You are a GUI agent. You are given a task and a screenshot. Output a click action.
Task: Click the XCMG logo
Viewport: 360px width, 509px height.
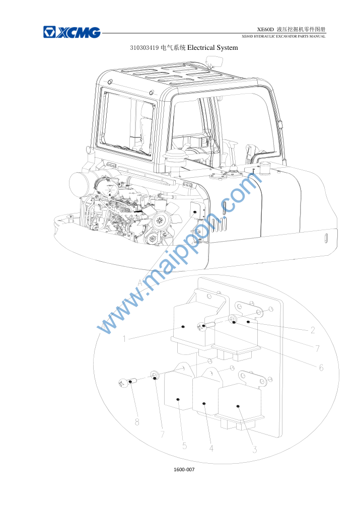(72, 32)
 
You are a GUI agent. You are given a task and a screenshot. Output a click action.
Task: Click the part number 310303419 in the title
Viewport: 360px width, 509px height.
(145, 48)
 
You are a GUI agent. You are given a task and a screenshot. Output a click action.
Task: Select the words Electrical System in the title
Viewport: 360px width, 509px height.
(212, 48)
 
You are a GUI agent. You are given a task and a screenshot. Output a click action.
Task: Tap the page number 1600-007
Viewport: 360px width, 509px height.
(184, 469)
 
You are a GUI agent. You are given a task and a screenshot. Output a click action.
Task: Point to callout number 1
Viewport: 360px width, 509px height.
(124, 339)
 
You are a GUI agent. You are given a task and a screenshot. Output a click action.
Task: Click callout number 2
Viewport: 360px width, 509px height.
(313, 330)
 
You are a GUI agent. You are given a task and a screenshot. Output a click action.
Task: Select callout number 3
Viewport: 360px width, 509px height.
(254, 450)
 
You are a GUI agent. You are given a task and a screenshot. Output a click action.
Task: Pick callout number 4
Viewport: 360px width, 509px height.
(211, 448)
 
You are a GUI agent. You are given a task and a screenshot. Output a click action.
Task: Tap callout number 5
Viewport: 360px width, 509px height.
(184, 446)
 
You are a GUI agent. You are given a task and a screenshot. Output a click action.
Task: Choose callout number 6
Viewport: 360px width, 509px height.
(321, 368)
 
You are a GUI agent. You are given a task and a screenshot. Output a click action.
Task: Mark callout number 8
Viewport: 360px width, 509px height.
(137, 422)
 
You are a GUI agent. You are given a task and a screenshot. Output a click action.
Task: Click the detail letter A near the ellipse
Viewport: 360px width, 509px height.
(140, 283)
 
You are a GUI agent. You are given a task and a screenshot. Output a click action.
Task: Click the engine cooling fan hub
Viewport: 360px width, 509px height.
(160, 221)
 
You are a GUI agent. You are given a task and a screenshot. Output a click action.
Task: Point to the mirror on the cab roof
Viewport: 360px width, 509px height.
(214, 60)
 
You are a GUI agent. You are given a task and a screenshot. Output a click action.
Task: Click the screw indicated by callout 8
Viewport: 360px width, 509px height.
(126, 383)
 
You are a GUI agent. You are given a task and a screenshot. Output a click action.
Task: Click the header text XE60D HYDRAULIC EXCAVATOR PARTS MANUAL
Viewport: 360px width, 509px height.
(283, 36)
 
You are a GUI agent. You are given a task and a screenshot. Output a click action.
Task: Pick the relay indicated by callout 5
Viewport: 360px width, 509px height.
(179, 392)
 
